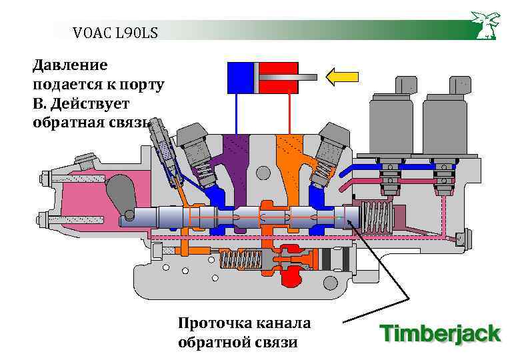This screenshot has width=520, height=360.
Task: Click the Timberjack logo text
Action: click(440, 333)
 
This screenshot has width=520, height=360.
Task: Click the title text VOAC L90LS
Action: click(115, 31)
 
